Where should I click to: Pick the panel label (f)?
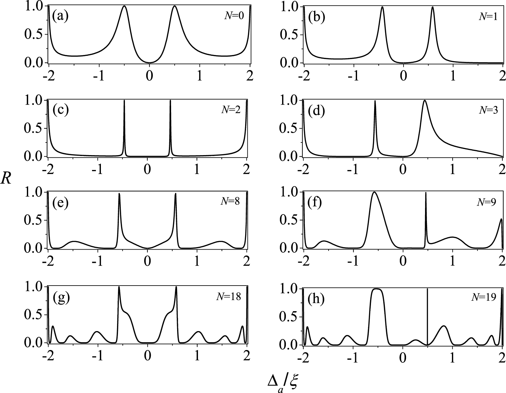[315, 202]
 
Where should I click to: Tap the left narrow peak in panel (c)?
[124, 101]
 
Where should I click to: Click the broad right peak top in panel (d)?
[424, 101]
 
